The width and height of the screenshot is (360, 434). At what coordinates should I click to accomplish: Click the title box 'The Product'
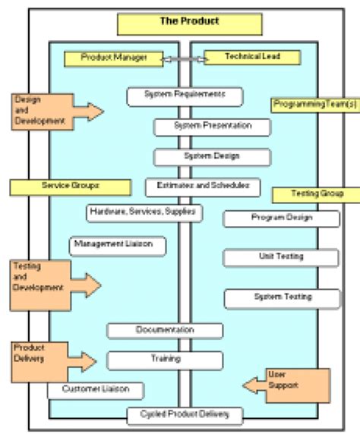(x=188, y=23)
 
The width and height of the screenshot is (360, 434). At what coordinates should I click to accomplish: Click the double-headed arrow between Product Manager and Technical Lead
(x=182, y=58)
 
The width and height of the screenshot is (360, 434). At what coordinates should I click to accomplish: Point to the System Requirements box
(x=185, y=96)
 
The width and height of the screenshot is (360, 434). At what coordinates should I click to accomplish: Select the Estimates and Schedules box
(x=197, y=186)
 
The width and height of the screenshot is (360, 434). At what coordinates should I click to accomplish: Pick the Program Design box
(x=281, y=219)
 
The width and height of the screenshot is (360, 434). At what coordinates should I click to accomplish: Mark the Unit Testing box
(x=281, y=257)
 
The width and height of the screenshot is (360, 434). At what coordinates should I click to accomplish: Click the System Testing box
(x=282, y=297)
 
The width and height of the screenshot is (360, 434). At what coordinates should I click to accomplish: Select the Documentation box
(x=165, y=330)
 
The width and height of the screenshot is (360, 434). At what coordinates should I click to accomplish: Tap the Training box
(x=165, y=360)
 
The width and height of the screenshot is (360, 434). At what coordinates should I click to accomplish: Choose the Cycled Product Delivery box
(x=185, y=415)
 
